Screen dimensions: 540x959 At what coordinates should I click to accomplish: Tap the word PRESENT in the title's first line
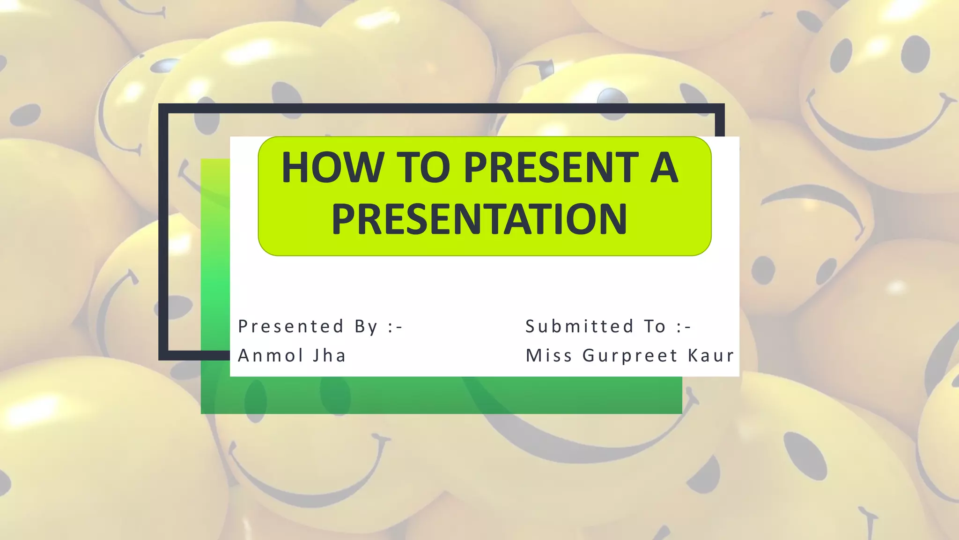click(551, 167)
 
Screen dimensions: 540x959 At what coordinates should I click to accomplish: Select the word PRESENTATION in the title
click(479, 219)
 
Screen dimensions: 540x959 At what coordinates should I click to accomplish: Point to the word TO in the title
click(423, 167)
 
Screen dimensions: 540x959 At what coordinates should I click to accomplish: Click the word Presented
click(291, 326)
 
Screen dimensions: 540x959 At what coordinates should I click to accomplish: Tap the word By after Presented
click(366, 326)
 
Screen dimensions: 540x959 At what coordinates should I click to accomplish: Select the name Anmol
click(271, 355)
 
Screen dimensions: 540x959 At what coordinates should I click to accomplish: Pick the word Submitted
click(580, 326)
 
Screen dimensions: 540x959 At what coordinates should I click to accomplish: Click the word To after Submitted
click(655, 326)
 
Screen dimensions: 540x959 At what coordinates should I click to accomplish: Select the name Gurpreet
click(630, 355)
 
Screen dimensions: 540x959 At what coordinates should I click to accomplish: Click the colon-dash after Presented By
click(395, 326)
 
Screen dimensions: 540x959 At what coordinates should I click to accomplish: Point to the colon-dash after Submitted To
click(684, 326)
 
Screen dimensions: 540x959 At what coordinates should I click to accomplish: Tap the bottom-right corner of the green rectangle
click(681, 412)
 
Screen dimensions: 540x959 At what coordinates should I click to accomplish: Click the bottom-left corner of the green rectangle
click(202, 412)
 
